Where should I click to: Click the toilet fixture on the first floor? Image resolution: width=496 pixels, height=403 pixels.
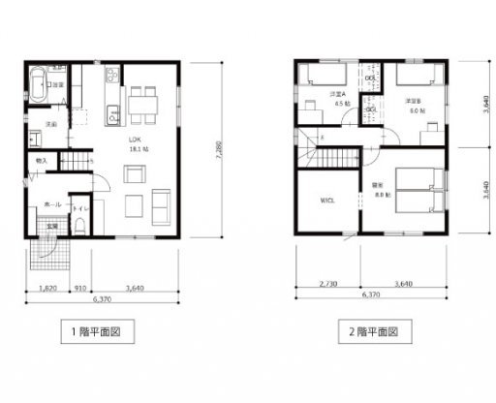[80, 222]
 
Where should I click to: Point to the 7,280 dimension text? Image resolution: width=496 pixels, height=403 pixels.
[221, 150]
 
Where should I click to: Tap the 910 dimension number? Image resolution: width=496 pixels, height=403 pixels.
[81, 289]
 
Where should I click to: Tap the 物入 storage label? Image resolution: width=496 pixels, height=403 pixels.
[42, 160]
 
